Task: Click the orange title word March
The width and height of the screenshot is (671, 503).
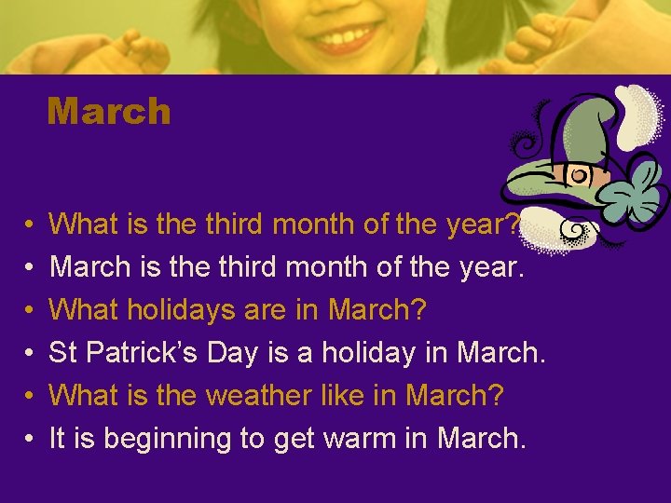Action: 109,112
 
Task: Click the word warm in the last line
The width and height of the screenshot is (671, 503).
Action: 367,439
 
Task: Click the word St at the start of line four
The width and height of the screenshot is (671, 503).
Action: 62,353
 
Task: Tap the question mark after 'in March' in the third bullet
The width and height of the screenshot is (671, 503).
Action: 424,310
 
